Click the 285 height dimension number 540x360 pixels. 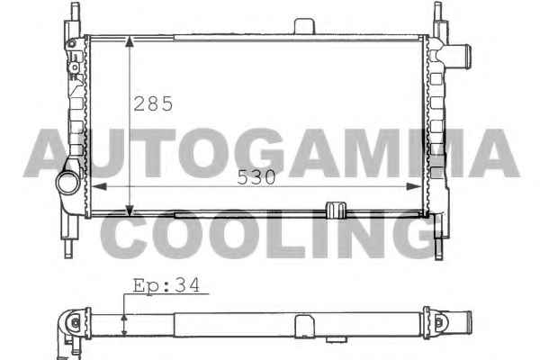click(153, 103)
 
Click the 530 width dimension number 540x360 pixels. click(256, 177)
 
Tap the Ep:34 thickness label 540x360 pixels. click(166, 285)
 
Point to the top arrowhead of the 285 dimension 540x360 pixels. click(129, 41)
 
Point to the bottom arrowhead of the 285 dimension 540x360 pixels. click(129, 210)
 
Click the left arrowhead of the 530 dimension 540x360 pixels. click(99, 186)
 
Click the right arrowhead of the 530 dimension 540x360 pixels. click(414, 186)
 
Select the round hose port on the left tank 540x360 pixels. click(67, 183)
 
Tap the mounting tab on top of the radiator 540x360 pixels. click(304, 26)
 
